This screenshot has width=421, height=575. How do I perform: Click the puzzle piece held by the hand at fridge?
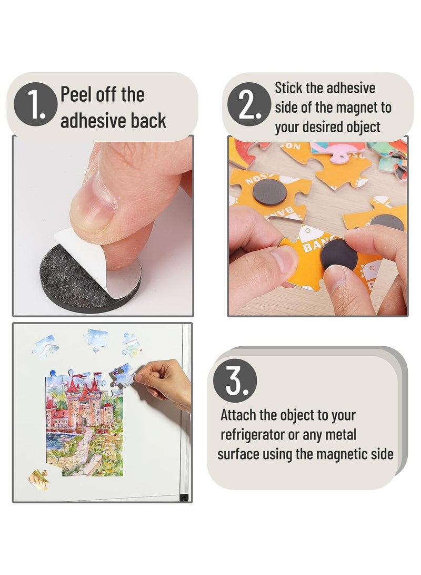[123, 376]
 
